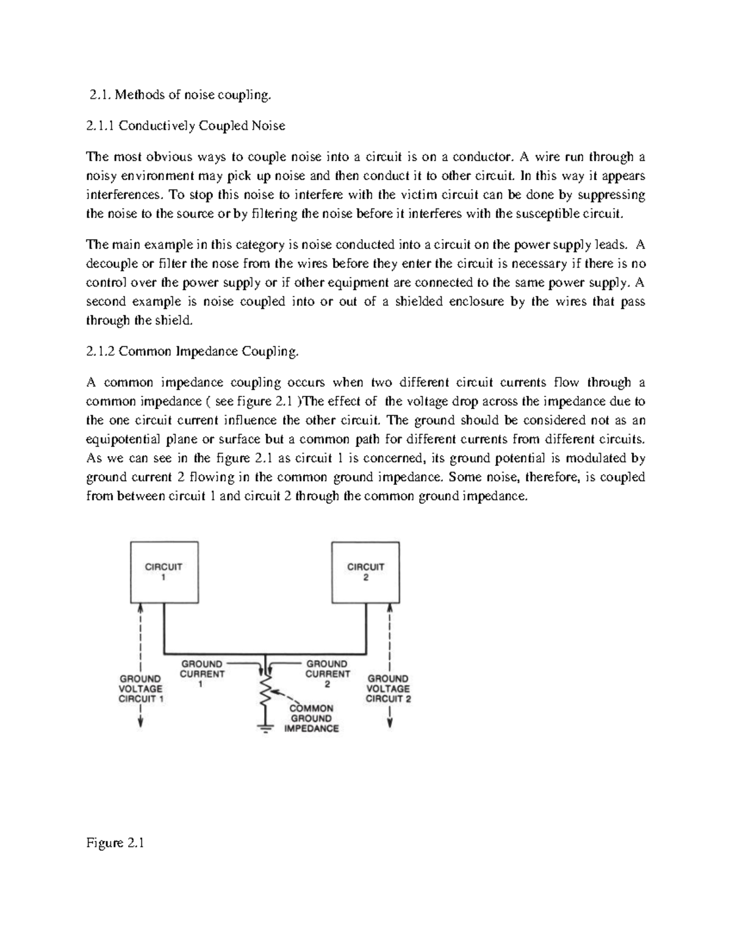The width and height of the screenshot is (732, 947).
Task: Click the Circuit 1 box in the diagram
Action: tap(163, 571)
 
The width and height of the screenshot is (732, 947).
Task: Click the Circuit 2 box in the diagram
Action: tap(365, 571)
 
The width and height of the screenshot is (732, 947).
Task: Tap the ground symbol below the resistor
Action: tap(265, 729)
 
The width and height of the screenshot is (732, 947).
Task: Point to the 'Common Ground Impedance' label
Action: tap(311, 718)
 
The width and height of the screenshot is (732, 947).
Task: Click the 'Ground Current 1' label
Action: tap(202, 674)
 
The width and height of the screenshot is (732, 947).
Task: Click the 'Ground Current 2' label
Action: tap(327, 674)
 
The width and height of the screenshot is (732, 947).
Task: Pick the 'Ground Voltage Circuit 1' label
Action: tap(141, 688)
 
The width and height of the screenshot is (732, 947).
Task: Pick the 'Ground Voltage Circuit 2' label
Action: tap(389, 688)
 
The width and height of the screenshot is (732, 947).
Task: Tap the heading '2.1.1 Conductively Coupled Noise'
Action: tap(185, 126)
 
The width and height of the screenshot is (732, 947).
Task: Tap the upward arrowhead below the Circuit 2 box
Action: tap(390, 609)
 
